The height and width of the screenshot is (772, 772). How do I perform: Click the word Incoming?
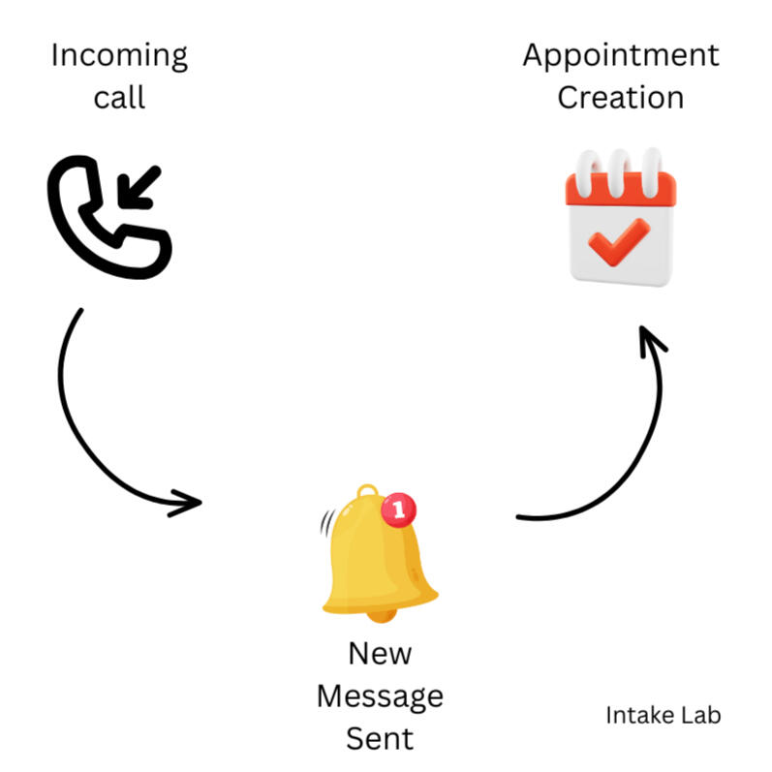tap(119, 56)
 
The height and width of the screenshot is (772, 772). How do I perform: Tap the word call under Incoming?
tap(119, 97)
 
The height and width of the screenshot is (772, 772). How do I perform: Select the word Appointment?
tap(621, 56)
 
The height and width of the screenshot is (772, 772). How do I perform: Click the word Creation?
tap(620, 97)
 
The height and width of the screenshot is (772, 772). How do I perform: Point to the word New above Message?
tap(380, 654)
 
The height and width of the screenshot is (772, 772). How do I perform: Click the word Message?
tap(380, 697)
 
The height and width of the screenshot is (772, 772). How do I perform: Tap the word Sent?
tap(380, 738)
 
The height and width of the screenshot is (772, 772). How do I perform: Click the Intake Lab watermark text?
tap(664, 715)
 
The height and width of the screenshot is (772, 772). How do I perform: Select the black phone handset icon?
tap(109, 217)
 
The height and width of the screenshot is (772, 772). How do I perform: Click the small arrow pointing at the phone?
tap(139, 188)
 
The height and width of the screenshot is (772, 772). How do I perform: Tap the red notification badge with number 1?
tap(398, 510)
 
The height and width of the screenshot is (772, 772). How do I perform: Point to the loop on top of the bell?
tap(368, 491)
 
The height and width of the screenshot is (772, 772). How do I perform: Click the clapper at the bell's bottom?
tap(382, 616)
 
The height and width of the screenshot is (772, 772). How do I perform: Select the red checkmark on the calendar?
tap(619, 242)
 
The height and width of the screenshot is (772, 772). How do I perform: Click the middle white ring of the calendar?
tap(618, 173)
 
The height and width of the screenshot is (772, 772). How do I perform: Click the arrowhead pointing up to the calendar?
tap(652, 341)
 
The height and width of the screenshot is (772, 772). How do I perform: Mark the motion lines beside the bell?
tap(327, 523)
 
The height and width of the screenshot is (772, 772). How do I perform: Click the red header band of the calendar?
tap(621, 189)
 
